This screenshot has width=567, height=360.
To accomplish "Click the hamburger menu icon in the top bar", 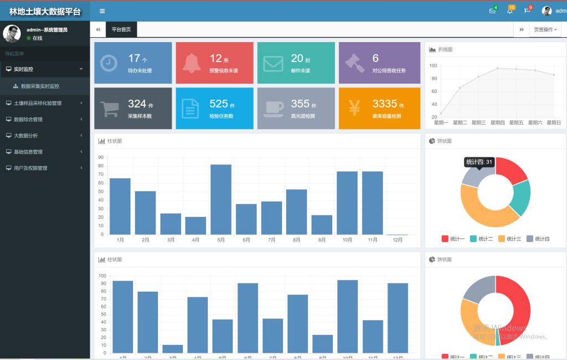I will click(102, 11).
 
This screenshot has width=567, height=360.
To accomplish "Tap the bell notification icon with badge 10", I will click(509, 11).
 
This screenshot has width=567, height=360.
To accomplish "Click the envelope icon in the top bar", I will click(492, 11).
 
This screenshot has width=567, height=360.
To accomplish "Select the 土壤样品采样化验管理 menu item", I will click(38, 103).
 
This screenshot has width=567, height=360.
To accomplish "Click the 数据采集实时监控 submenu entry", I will click(40, 86).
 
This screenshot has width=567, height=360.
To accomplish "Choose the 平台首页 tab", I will click(121, 29).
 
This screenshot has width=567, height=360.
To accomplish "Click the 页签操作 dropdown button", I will click(545, 29).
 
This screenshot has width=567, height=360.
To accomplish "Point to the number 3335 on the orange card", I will click(384, 104).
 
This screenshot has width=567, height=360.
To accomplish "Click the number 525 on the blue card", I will click(218, 104).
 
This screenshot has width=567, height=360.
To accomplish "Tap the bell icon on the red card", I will click(190, 63).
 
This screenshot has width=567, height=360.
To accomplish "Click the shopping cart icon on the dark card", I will click(109, 107).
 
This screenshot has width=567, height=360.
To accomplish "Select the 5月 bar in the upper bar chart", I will click(221, 199).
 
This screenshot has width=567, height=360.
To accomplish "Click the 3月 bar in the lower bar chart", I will click(172, 348).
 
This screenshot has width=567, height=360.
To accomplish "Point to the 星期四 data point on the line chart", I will click(497, 68).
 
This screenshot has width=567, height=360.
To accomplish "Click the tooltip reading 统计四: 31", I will click(479, 162).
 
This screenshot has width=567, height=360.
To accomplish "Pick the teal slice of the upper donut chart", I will click(521, 197).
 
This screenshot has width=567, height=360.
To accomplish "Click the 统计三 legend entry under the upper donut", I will click(509, 239).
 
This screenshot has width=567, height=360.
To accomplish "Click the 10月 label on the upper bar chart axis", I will click(347, 240).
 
